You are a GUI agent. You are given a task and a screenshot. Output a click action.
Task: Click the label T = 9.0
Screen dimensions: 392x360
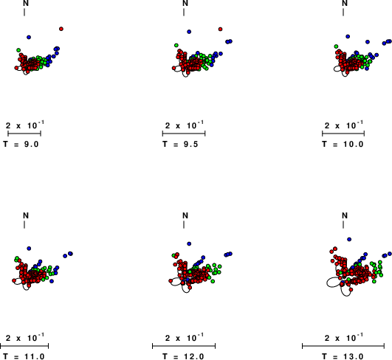[x=21, y=144]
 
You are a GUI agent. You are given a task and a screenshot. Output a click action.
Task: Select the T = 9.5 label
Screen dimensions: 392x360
[x=181, y=144]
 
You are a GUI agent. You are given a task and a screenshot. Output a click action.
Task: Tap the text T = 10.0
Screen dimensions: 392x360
[x=343, y=144]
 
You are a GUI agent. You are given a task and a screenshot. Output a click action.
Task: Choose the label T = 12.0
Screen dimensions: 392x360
[x=184, y=356]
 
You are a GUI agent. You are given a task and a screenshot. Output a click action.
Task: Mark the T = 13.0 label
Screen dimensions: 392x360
[x=343, y=356]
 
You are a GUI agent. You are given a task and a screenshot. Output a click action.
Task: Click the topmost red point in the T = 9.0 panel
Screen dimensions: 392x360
[x=61, y=29]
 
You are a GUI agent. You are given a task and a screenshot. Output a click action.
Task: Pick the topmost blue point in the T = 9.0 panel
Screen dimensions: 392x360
[x=29, y=37]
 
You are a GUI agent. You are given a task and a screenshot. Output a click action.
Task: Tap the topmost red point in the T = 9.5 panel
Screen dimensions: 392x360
[x=220, y=30]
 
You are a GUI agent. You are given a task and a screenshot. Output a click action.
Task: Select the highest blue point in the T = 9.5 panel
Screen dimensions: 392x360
[x=189, y=32]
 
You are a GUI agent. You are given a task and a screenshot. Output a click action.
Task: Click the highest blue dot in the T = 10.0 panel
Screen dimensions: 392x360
[x=348, y=36]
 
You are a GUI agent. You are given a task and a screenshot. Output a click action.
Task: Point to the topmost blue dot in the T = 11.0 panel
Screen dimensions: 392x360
[x=29, y=249]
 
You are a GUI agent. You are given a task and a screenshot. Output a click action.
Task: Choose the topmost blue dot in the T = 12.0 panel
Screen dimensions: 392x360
[x=189, y=243]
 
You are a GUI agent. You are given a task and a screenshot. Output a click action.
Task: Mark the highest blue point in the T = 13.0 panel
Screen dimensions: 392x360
[x=349, y=239]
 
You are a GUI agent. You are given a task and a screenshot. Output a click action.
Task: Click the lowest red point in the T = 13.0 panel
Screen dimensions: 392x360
[x=351, y=289]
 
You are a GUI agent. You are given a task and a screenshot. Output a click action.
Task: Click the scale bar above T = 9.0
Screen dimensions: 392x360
[x=24, y=134]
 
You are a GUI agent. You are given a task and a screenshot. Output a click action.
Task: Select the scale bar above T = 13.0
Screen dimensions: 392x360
[x=343, y=346]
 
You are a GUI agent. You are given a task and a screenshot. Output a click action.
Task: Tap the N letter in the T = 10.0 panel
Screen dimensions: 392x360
[x=345, y=3]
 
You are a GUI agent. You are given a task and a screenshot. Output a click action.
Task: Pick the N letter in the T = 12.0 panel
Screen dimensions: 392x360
[x=185, y=215]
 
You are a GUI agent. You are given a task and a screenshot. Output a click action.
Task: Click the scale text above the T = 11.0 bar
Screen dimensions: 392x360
[x=25, y=337]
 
